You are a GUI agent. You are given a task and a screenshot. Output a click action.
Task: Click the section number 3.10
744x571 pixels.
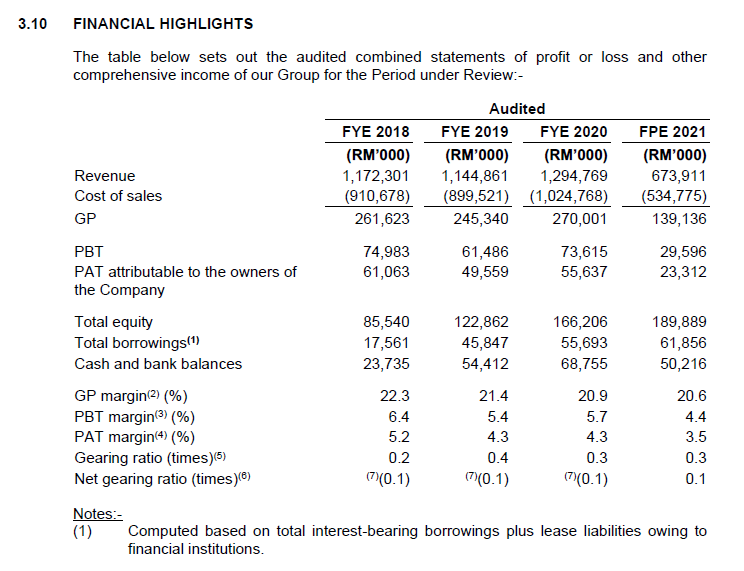(34, 23)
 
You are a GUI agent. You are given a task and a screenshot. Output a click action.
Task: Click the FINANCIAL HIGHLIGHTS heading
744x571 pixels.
(163, 23)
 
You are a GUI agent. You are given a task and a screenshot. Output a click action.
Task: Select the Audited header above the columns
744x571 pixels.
(517, 108)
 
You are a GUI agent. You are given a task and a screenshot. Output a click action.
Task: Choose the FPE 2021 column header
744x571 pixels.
(672, 131)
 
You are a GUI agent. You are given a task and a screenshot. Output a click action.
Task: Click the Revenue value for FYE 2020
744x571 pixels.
(575, 175)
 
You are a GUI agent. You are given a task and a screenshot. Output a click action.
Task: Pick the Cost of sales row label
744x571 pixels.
(118, 195)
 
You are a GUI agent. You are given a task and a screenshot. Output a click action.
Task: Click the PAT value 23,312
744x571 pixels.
(683, 271)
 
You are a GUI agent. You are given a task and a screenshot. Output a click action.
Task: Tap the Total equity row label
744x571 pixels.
(114, 321)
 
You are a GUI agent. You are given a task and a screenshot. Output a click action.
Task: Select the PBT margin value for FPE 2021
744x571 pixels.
(696, 416)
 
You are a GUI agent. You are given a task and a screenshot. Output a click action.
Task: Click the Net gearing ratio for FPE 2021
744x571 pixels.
(697, 478)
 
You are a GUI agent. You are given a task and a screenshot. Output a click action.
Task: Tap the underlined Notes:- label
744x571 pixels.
(98, 514)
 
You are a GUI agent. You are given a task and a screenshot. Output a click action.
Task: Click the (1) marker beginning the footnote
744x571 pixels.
(83, 531)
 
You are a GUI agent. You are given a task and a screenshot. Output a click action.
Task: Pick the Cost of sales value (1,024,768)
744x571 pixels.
(567, 195)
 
